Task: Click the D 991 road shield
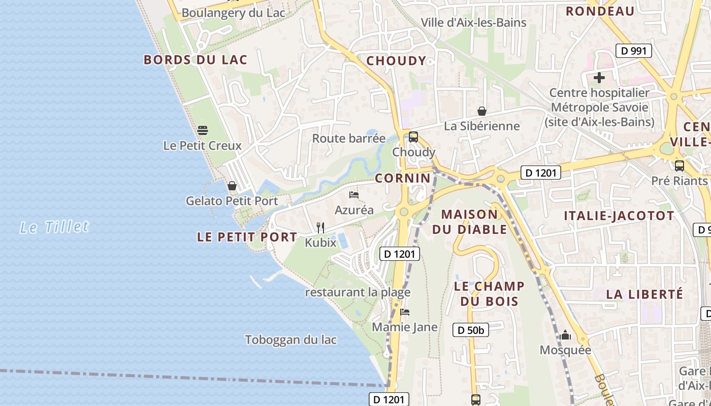point(633,50)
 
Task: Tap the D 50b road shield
point(471,330)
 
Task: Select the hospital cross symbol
point(599,78)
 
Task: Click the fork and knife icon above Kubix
point(320,227)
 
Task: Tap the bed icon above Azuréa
point(354,195)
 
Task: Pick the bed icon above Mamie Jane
point(405,312)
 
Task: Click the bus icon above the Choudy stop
point(413,137)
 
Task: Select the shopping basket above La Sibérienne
point(481,111)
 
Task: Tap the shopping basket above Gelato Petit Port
point(232,186)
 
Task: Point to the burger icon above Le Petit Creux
point(202,130)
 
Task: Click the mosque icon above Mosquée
point(565,335)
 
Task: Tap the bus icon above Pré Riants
point(679,165)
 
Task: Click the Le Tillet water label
point(54,226)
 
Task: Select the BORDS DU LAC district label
point(196,60)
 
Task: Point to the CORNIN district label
point(403,178)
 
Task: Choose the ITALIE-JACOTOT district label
point(619,216)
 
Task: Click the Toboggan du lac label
point(290,340)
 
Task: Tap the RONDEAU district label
point(600,11)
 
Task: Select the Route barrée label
point(348,138)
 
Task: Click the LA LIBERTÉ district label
point(644,294)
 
